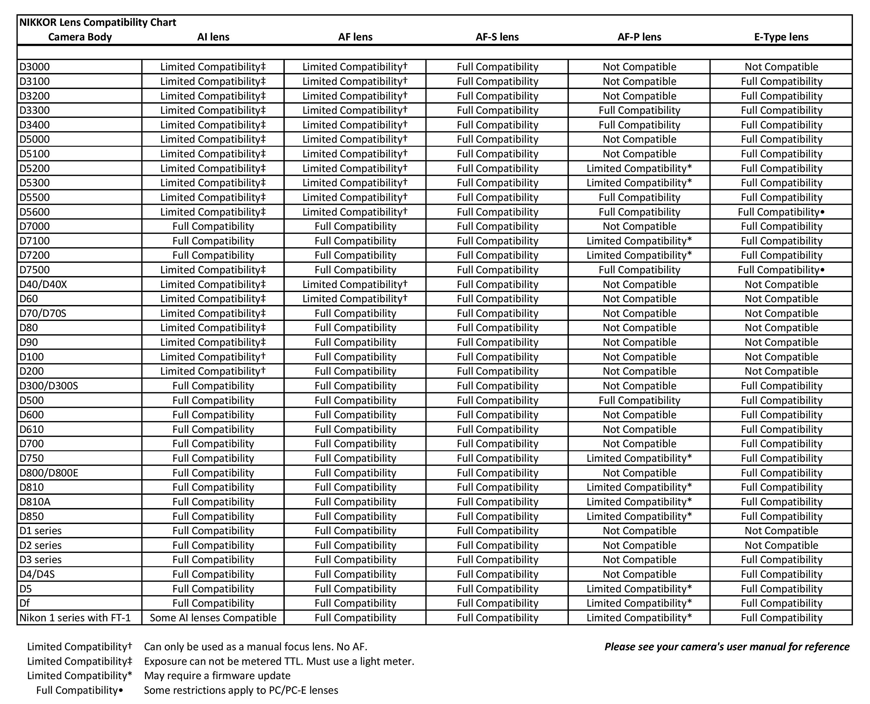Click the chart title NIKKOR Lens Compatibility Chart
tap(98, 22)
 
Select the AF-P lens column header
tap(639, 37)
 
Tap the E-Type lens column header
tap(781, 37)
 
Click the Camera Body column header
tap(80, 37)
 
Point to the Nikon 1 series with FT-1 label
tap(75, 618)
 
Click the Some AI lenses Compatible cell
tap(213, 618)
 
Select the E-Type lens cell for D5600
tap(781, 212)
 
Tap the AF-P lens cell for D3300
tap(639, 110)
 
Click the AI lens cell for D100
tap(213, 357)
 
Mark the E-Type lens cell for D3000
tap(781, 67)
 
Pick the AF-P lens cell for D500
tap(639, 401)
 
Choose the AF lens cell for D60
tap(355, 299)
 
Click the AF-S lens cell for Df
tap(497, 603)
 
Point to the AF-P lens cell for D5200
tap(639, 168)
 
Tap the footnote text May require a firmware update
tap(217, 675)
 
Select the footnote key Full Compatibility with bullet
tap(80, 690)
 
